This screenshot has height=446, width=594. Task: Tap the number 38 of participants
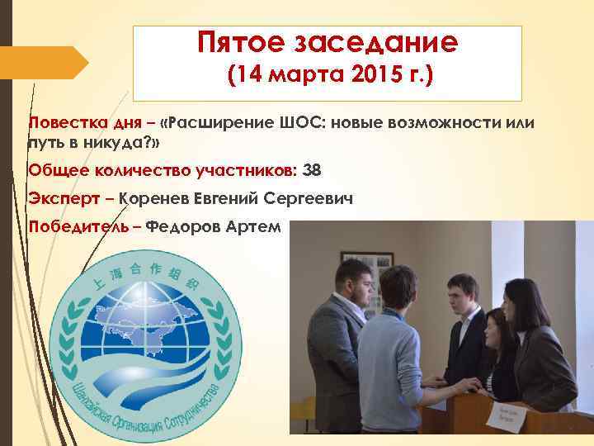pyautogui.click(x=312, y=170)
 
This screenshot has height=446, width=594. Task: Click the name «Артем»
pyautogui.click(x=260, y=225)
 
